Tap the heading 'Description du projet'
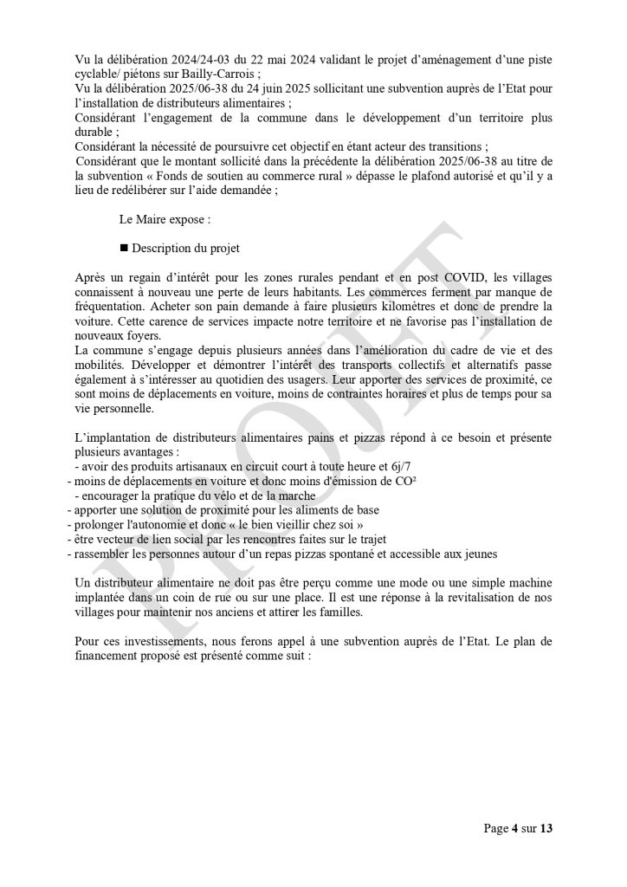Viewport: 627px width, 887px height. (x=185, y=248)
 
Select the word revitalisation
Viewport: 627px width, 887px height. (x=437, y=598)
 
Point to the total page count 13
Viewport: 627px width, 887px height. (x=545, y=829)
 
